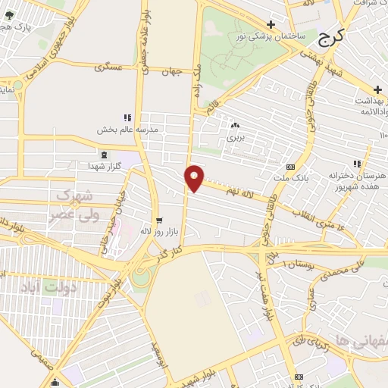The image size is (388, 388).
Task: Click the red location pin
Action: [x=195, y=177]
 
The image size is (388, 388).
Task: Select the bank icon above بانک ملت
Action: [x=290, y=167]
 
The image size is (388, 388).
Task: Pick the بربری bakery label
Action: [x=235, y=139]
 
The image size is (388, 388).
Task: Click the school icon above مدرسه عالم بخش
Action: [x=127, y=117]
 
